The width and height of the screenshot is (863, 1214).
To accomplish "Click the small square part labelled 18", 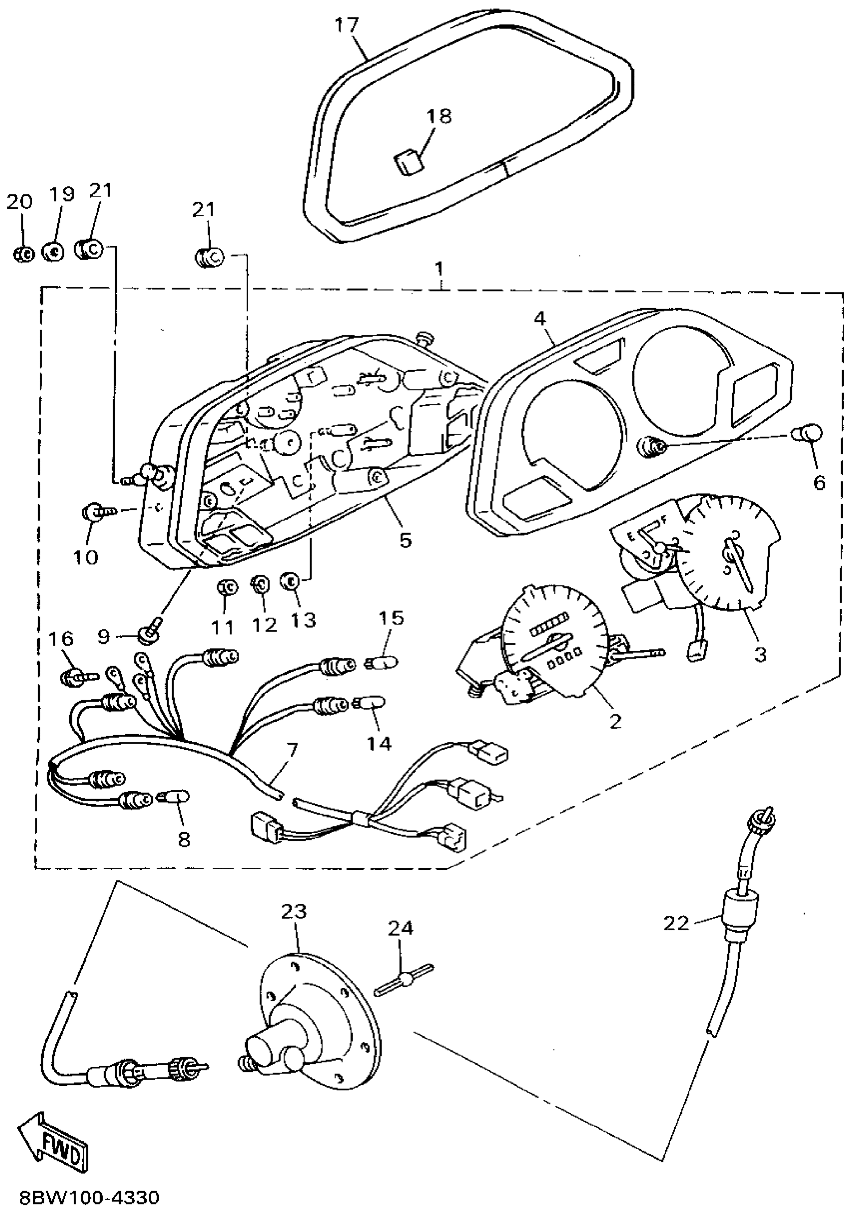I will [408, 161].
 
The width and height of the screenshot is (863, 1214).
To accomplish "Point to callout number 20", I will [20, 202].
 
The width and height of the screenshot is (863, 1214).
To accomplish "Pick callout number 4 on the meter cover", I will [539, 318].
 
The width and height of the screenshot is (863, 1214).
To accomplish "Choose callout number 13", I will [304, 620].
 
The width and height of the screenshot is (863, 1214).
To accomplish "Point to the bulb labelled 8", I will [173, 798].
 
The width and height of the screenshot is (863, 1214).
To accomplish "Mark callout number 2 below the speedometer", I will [615, 721].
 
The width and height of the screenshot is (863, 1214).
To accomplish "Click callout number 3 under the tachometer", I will [760, 654].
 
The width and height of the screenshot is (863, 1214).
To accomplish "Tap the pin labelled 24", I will [406, 978].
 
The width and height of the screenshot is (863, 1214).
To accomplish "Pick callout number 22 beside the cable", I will [676, 923].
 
